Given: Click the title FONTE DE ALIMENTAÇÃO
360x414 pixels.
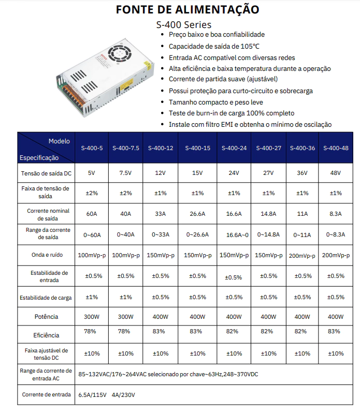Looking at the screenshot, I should click(x=188, y=9).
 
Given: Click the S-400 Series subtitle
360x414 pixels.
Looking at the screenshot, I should click(x=184, y=24).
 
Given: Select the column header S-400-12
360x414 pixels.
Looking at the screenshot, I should click(x=161, y=148).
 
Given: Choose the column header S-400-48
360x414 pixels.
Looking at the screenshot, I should click(x=336, y=148).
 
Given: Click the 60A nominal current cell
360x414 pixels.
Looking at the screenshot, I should click(x=92, y=214).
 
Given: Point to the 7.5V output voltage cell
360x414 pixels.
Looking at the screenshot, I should click(x=126, y=172).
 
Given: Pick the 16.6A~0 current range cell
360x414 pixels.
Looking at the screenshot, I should click(x=234, y=235).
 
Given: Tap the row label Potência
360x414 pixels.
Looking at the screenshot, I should click(x=46, y=317).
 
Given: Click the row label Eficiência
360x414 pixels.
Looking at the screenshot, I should click(x=46, y=335).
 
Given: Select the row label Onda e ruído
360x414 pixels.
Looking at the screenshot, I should click(x=46, y=255).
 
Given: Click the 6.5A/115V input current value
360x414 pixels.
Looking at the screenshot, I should click(x=93, y=395).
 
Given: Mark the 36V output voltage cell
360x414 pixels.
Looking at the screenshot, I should click(x=302, y=172).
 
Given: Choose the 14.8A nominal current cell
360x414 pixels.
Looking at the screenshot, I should click(x=268, y=214).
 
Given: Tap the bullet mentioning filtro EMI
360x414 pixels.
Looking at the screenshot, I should click(x=250, y=125).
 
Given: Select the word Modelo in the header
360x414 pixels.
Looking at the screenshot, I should click(x=59, y=141).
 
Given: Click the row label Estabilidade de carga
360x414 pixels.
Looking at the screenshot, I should click(x=46, y=298).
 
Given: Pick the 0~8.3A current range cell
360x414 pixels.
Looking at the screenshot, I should click(x=336, y=234).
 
